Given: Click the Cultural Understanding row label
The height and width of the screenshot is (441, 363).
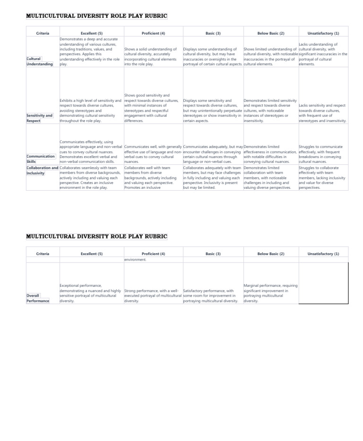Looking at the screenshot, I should pyautogui.click(x=40, y=62).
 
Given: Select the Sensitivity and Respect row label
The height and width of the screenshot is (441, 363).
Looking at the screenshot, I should pyautogui.click(x=40, y=118).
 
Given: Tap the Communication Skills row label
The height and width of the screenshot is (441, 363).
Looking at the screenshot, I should pyautogui.click(x=41, y=159).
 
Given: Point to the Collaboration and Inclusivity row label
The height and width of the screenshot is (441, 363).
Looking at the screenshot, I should pyautogui.click(x=42, y=170).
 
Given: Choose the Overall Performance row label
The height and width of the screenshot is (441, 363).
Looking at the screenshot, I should pyautogui.click(x=38, y=298).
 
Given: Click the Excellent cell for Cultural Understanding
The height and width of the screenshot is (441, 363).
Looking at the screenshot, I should pyautogui.click(x=90, y=52).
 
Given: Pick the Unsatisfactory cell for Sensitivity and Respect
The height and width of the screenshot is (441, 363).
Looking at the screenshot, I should pyautogui.click(x=322, y=113).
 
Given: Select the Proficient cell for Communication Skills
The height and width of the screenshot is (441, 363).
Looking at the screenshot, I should pyautogui.click(x=152, y=154).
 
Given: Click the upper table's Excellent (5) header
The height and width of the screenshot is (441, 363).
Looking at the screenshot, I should pyautogui.click(x=92, y=34).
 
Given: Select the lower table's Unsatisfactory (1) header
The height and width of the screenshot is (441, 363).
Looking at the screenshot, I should pyautogui.click(x=323, y=254).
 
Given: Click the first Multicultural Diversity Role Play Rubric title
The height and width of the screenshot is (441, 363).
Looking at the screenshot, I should pyautogui.click(x=96, y=16).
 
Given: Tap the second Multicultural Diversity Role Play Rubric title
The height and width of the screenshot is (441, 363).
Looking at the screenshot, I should pyautogui.click(x=96, y=237).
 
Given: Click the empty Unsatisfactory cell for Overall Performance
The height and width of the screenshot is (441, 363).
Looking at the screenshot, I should pyautogui.click(x=323, y=283).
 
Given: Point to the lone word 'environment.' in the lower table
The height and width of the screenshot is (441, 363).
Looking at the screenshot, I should pyautogui.click(x=136, y=260).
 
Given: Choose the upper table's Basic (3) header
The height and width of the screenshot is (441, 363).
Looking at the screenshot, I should pyautogui.click(x=213, y=34).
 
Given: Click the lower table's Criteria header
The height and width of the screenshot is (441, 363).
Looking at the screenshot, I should pyautogui.click(x=43, y=254).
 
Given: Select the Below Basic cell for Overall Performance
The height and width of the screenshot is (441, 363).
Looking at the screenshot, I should pyautogui.click(x=270, y=293).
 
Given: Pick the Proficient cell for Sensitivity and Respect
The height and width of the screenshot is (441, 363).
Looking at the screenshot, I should pyautogui.click(x=152, y=108).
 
